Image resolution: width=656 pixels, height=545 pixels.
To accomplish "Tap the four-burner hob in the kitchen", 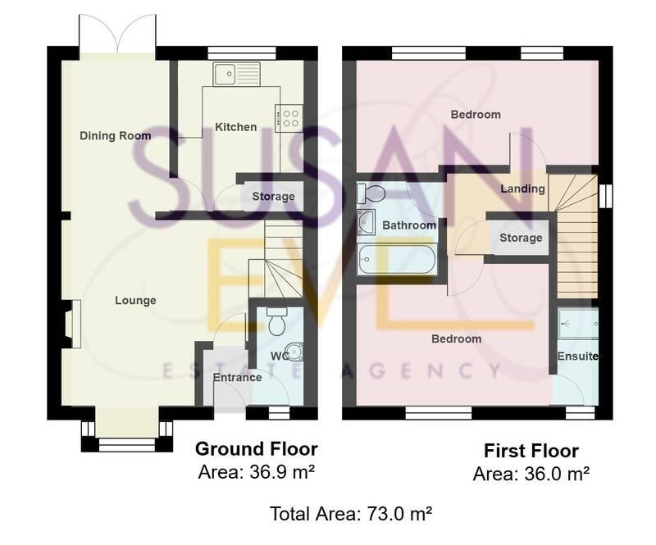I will point(290,116).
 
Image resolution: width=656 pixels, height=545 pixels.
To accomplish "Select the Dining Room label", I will point(115,135).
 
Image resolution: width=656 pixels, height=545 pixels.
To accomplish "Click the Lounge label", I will point(135,301).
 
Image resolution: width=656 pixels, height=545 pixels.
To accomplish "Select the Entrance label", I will point(237,378).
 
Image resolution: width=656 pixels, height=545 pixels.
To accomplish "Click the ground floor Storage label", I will point(272,197).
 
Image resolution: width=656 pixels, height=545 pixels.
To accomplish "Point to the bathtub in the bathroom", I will point(397,261).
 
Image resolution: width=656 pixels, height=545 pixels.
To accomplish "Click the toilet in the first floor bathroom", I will point(371,193).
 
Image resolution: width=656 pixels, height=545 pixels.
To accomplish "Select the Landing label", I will point(522,188).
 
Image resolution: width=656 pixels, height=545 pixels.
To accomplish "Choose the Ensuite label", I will point(577,357).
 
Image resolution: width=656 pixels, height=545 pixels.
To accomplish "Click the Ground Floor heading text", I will point(256,449).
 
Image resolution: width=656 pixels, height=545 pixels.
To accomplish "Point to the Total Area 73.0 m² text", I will point(351,514).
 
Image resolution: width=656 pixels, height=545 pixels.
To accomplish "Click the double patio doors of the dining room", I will point(117,34).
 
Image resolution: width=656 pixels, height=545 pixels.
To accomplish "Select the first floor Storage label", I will point(521,238).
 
